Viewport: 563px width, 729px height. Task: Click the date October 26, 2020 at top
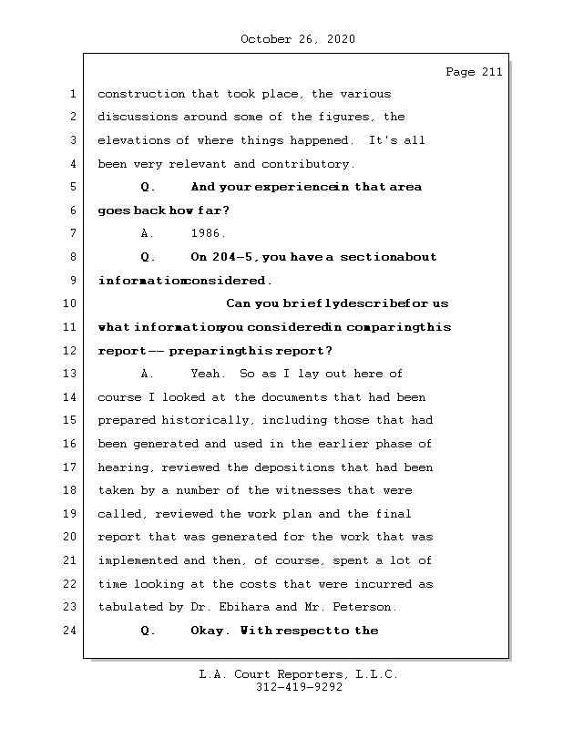[x=298, y=39]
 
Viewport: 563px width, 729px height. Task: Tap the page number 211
[x=490, y=73]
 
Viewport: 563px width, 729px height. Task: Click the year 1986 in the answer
[x=209, y=233]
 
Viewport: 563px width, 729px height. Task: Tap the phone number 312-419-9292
[x=298, y=688]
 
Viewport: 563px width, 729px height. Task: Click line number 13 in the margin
[x=71, y=374]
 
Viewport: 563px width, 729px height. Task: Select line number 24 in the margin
[x=71, y=631]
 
